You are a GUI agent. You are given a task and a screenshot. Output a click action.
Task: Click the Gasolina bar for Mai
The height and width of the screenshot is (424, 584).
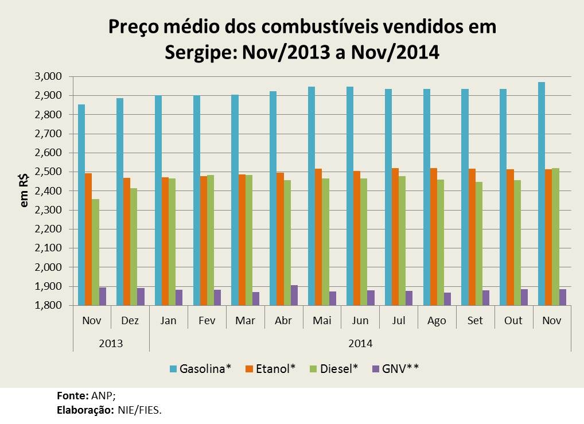coord(311,196)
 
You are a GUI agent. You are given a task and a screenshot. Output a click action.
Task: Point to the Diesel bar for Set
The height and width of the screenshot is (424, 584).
coord(478,243)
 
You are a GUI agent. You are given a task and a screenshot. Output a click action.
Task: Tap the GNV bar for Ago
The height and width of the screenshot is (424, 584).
coord(447,299)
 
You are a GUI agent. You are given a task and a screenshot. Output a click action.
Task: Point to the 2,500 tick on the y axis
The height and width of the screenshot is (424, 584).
coord(48,172)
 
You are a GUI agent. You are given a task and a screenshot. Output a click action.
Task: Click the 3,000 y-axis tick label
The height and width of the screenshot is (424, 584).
coord(48,77)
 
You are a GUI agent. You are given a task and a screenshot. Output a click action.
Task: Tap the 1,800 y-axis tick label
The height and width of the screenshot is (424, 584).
coord(48,306)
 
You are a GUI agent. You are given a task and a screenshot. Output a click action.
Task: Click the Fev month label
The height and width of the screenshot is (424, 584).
coord(207,321)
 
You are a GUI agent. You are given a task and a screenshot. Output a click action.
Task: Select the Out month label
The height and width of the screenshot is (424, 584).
coord(513,321)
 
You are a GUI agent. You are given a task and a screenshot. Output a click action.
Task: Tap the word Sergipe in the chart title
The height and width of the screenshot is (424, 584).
coord(201,53)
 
